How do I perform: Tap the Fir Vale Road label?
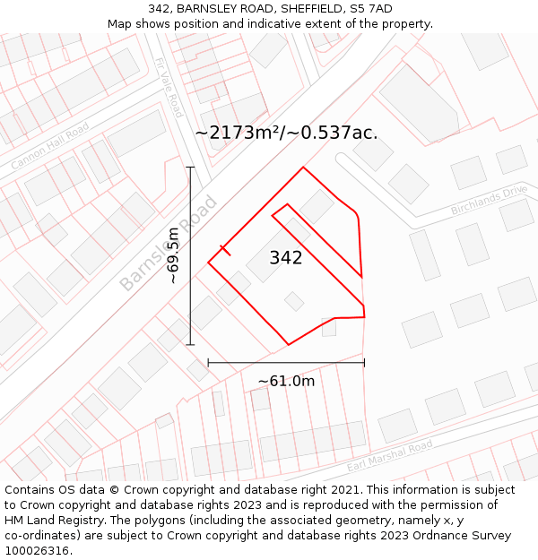click(169, 88)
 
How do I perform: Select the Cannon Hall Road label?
click(50, 147)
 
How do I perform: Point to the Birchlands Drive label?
click(490, 202)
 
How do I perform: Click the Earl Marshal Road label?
click(389, 456)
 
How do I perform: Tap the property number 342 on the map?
click(286, 258)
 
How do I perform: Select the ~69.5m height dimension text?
click(173, 256)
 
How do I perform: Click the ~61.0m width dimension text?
click(286, 381)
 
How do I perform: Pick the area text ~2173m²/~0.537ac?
click(286, 133)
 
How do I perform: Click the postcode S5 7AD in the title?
click(372, 9)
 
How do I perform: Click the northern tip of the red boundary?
click(303, 167)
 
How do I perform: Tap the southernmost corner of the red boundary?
click(288, 345)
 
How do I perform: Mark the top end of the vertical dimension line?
click(190, 168)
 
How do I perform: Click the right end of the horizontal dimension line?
click(364, 363)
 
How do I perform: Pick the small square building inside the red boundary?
click(294, 301)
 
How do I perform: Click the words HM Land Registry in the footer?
click(50, 521)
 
